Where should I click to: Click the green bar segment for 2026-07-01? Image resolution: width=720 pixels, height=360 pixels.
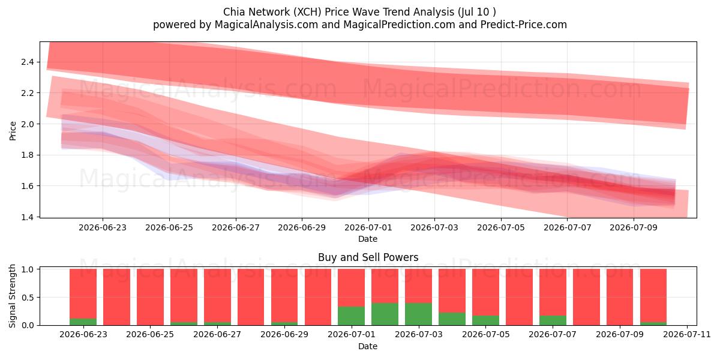pos(351,316)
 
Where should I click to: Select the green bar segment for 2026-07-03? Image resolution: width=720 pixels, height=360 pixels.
pos(418,314)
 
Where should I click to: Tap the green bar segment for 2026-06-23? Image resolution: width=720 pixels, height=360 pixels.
pos(83,322)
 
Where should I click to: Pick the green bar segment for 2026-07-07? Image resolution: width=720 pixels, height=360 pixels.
pos(553,320)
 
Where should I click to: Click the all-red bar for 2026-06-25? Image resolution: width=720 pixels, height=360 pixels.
pos(150,297)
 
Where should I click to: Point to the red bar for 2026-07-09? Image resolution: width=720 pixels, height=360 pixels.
pos(620,297)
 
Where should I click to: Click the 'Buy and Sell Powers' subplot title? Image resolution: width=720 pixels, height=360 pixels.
pos(368,257)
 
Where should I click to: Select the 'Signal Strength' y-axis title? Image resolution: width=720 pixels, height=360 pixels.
pos(12,296)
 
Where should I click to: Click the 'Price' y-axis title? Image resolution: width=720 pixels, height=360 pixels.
pos(13,131)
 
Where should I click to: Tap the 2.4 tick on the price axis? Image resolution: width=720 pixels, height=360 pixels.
pos(28,62)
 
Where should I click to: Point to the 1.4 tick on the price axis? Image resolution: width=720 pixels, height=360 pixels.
pos(28,217)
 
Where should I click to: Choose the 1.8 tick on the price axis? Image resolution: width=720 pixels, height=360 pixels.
pos(28,155)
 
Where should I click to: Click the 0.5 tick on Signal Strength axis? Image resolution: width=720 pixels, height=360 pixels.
pos(28,298)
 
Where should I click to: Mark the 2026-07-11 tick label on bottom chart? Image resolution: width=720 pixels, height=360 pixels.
pos(687,334)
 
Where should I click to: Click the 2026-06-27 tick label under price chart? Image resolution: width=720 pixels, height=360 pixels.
pos(236,227)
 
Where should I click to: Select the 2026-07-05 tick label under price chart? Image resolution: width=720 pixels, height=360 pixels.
pos(501,227)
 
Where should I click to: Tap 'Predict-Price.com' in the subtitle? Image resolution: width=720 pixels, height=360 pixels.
pos(524,25)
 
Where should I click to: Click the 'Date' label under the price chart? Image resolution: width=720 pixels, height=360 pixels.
pos(368,239)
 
